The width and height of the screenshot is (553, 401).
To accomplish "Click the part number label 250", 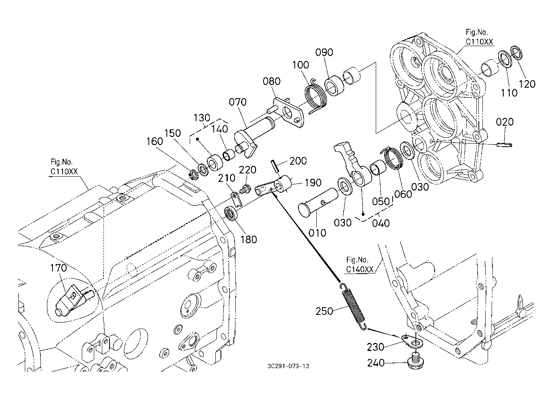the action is pos(324,311).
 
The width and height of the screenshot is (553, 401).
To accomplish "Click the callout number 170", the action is pos(58,268).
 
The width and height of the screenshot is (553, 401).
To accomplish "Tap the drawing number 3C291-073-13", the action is pos(288,366).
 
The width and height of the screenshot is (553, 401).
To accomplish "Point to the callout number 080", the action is pos(271,81).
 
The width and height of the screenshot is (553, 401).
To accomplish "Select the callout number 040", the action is pos(381,223).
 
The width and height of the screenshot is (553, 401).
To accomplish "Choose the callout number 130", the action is pos(202,118).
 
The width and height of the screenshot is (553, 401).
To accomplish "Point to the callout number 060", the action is pos(403,194).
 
